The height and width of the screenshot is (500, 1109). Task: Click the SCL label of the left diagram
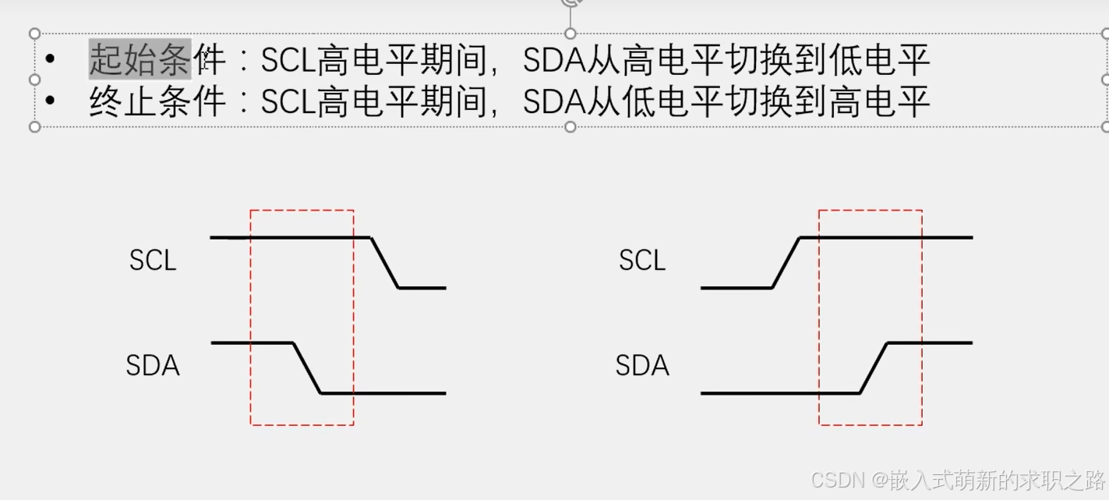[x=153, y=261]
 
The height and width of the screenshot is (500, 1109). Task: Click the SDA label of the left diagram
[x=153, y=365]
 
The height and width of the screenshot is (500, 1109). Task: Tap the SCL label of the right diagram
[x=642, y=261]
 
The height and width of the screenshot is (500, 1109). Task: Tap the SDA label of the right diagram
[x=642, y=365]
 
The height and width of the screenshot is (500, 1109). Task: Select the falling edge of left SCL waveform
[x=384, y=263]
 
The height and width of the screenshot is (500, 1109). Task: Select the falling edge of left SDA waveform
[x=306, y=367]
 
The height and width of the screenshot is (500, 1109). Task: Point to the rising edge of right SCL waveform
[x=786, y=263]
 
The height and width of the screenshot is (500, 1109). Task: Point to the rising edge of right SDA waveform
[x=874, y=367]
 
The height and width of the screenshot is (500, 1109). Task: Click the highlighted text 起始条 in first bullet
[x=140, y=59]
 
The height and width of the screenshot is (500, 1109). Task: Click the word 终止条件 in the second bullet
[x=157, y=101]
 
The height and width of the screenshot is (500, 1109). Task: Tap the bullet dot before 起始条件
[x=51, y=59]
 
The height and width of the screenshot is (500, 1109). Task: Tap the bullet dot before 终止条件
[x=51, y=101]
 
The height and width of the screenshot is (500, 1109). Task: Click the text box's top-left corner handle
[x=34, y=34]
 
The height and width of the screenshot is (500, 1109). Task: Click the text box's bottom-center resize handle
[x=570, y=126]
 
